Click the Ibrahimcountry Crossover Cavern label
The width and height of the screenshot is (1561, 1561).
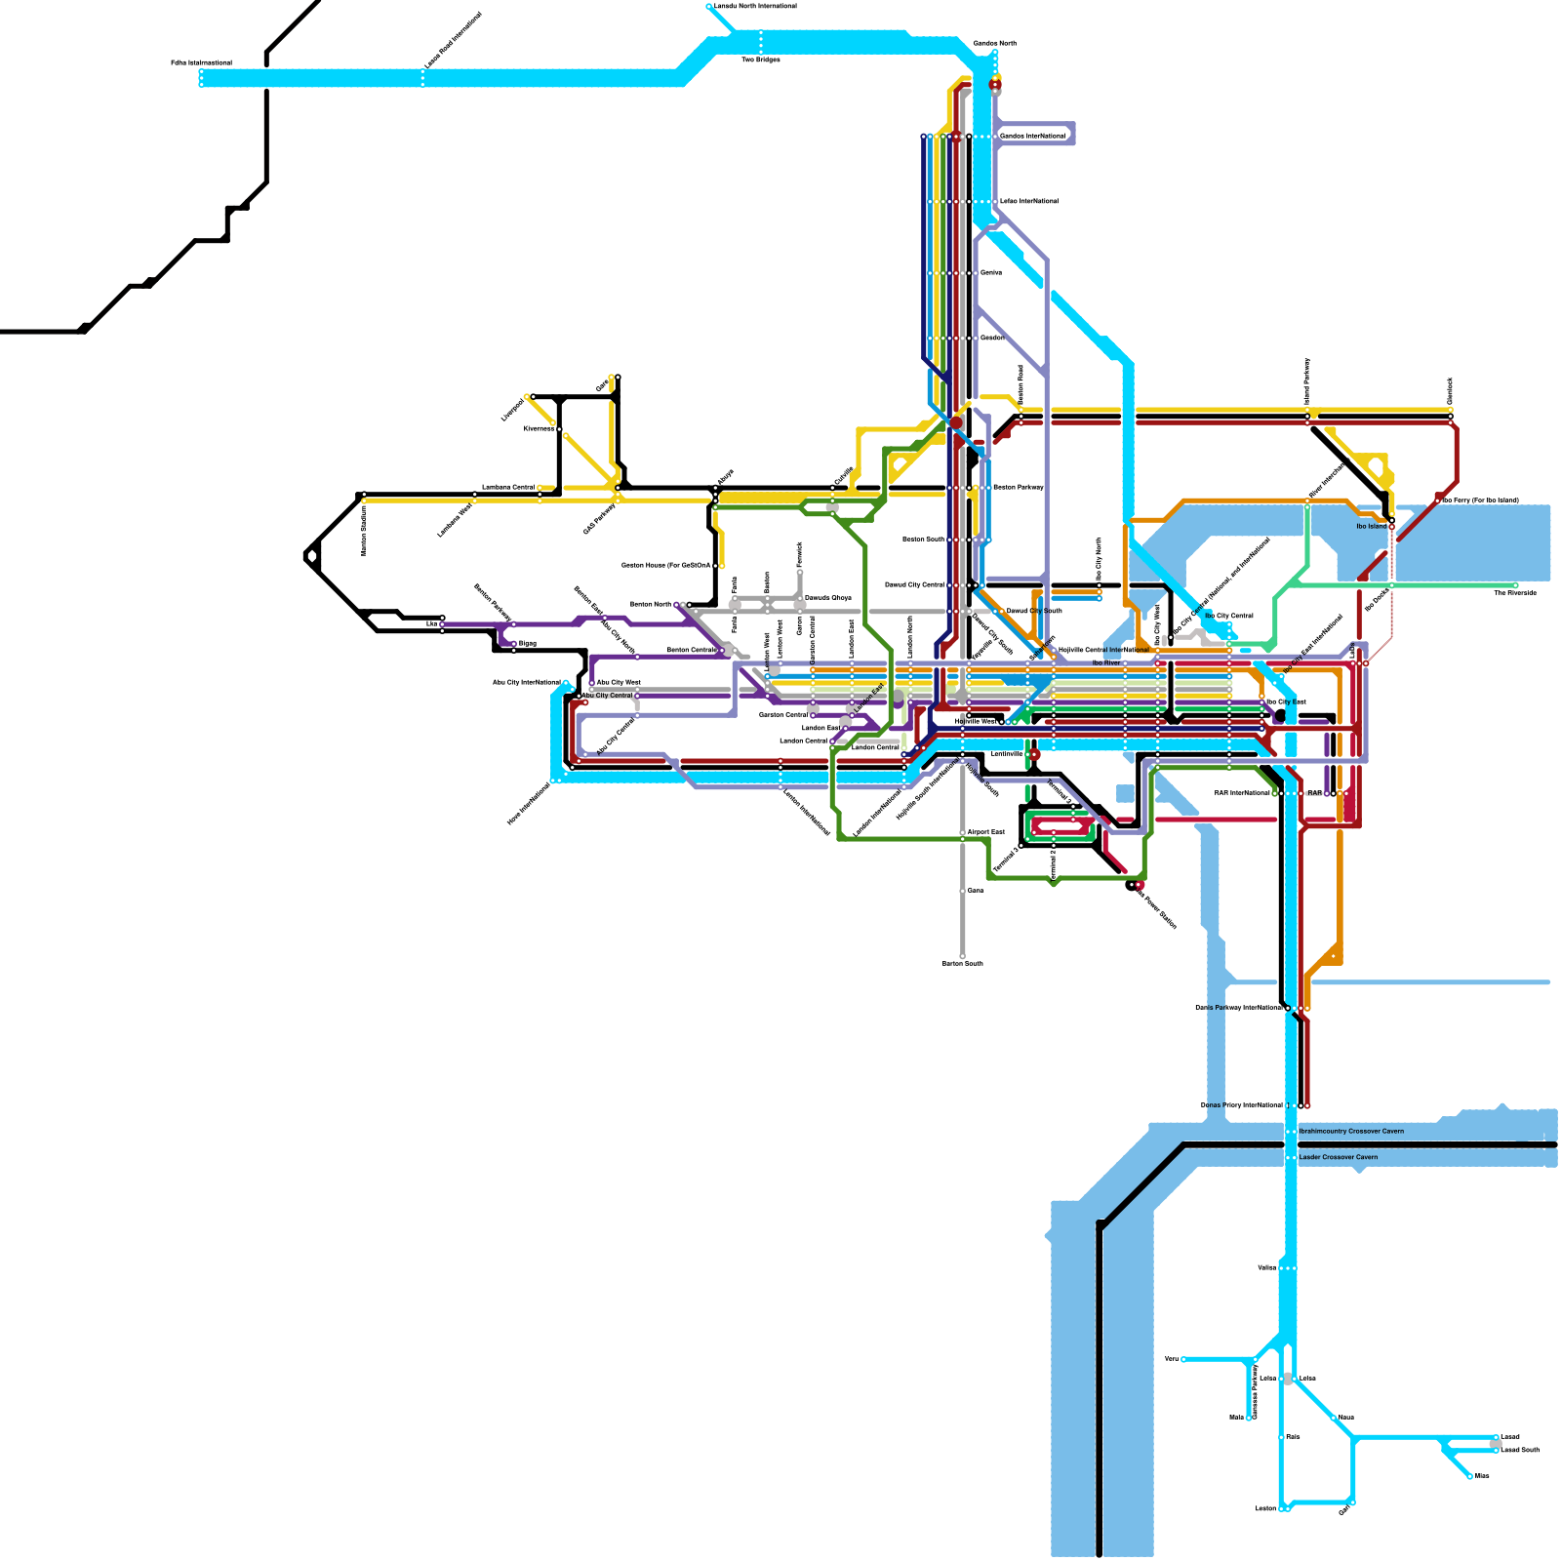1351,1132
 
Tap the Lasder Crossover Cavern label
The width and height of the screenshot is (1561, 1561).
1338,1158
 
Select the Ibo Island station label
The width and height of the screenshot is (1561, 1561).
1371,527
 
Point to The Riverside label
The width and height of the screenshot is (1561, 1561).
1515,593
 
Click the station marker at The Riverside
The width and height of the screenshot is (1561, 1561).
1515,584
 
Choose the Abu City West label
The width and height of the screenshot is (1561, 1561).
619,682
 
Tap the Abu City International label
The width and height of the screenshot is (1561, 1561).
526,683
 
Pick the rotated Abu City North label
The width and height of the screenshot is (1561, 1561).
618,636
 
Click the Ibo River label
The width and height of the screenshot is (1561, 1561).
1106,662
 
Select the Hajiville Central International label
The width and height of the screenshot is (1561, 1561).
1103,650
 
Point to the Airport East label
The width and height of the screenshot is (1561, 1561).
985,832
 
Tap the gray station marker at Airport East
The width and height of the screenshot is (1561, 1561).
963,833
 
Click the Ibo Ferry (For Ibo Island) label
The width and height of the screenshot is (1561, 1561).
1480,500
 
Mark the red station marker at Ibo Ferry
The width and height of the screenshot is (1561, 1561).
1438,500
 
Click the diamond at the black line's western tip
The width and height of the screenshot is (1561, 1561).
311,556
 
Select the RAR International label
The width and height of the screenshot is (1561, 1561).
1242,793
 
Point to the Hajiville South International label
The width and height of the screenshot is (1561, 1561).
926,790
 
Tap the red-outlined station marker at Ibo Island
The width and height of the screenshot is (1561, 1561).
1391,527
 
